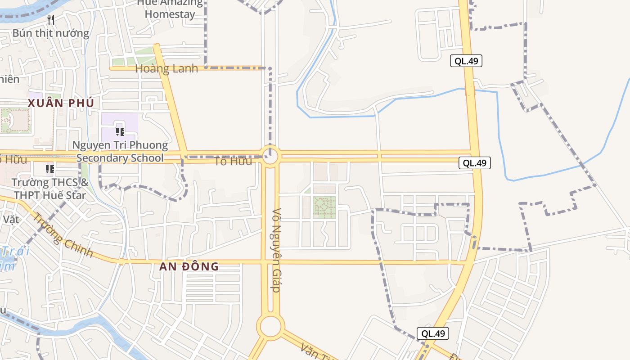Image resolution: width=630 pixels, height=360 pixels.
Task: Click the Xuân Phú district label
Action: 61,103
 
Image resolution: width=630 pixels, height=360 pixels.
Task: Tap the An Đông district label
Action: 189,266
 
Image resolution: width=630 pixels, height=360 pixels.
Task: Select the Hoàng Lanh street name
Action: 166,69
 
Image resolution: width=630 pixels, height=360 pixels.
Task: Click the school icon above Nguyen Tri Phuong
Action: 120,131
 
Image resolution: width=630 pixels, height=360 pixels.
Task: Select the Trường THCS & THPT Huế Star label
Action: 50,189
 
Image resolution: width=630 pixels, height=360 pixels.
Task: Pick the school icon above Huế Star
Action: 50,169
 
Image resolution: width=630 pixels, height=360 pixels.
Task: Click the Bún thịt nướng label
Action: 51,33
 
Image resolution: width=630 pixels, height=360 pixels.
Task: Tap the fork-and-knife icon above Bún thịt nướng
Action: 51,19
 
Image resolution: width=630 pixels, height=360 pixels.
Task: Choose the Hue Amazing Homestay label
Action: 170,9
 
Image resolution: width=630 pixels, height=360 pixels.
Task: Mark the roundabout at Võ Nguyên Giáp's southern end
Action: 270,326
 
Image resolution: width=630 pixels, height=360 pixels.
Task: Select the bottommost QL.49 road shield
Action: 433,333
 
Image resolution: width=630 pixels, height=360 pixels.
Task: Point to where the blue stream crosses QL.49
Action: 470,90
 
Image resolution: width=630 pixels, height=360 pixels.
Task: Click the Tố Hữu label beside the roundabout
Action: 233,161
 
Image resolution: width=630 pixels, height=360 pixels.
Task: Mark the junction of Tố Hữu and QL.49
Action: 475,156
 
